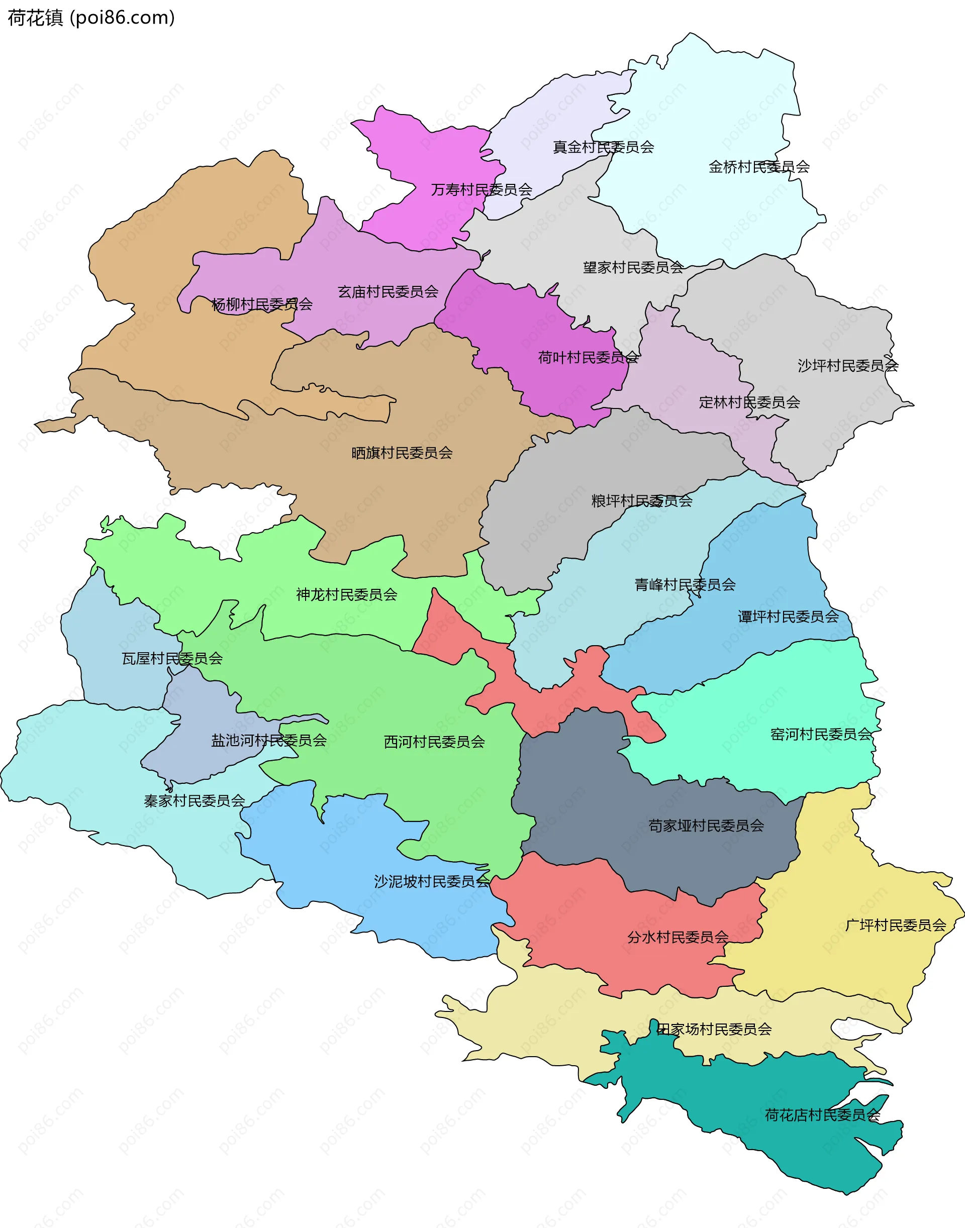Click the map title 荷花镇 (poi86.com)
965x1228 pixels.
click(91, 18)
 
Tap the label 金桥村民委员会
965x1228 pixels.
click(759, 167)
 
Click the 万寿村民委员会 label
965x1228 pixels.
click(481, 189)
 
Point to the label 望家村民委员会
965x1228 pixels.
click(633, 267)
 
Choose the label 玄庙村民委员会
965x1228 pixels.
click(388, 291)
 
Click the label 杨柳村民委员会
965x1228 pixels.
click(261, 304)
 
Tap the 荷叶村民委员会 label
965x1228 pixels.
click(588, 357)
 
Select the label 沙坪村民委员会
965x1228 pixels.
click(847, 365)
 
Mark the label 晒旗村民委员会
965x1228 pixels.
click(402, 452)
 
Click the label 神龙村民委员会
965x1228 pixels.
click(346, 594)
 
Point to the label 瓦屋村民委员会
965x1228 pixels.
click(172, 658)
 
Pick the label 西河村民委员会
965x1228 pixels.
click(434, 742)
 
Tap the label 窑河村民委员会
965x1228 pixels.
click(821, 734)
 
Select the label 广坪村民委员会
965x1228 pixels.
click(895, 925)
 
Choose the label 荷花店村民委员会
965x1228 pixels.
click(822, 1114)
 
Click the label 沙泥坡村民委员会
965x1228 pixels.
click(432, 881)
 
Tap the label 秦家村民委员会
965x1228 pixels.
click(195, 800)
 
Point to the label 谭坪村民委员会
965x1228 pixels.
click(788, 616)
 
